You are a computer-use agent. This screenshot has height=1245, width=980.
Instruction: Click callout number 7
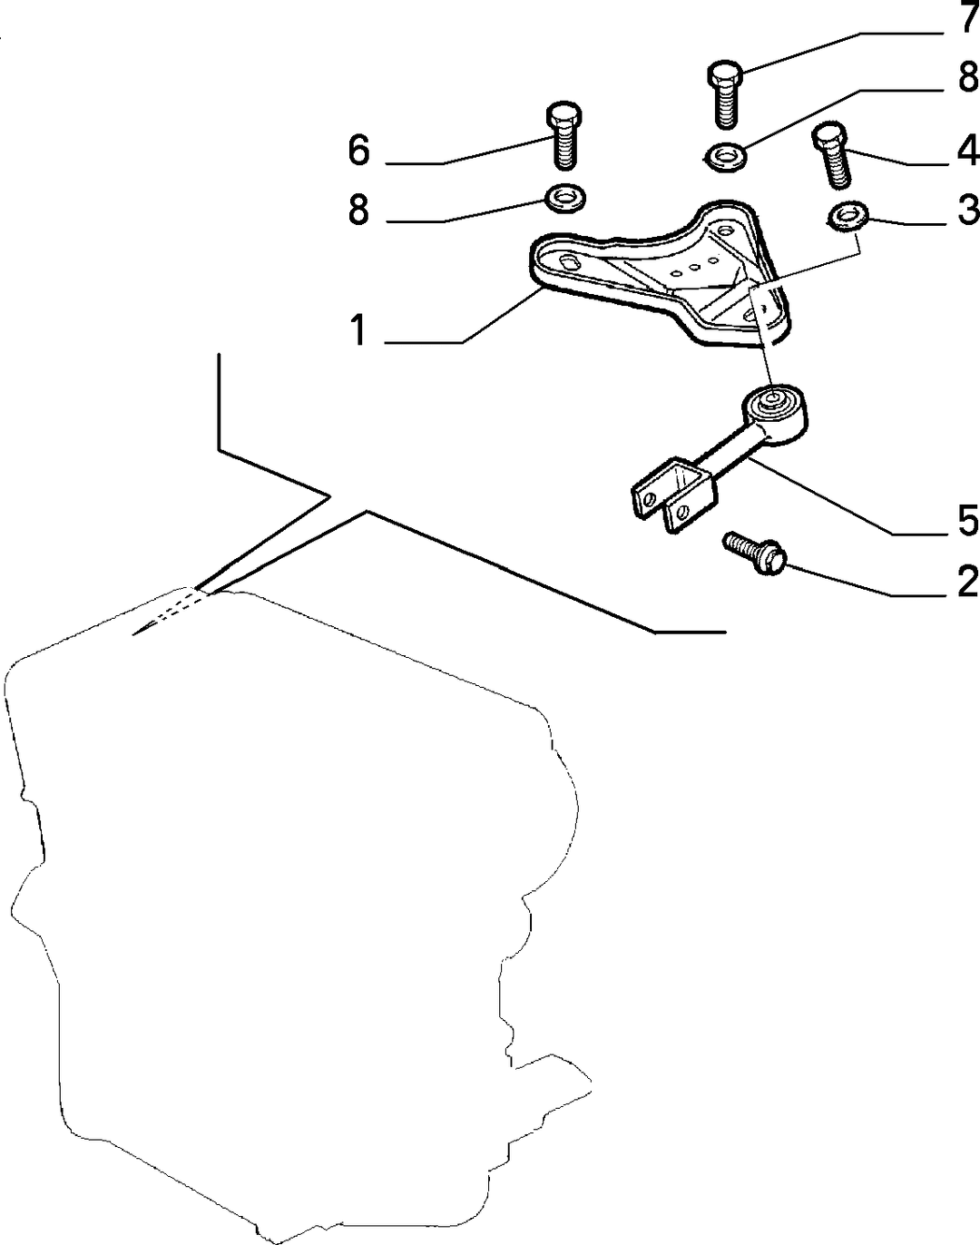click(964, 16)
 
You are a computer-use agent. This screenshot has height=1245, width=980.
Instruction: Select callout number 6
click(358, 151)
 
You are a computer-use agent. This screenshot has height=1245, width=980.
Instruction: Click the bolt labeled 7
click(725, 93)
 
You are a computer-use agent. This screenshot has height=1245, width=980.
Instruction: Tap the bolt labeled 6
click(564, 136)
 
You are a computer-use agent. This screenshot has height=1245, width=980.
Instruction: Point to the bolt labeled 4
click(833, 154)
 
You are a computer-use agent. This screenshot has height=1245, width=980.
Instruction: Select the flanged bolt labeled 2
click(754, 553)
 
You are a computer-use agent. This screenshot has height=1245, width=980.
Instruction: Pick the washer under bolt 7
click(725, 157)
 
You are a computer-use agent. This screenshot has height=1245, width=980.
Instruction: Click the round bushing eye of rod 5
click(774, 412)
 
